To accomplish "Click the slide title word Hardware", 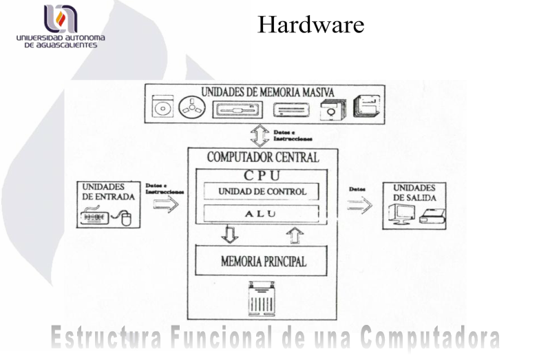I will click(x=310, y=25).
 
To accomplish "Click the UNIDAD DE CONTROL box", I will click(x=262, y=191).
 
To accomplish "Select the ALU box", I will click(x=262, y=213).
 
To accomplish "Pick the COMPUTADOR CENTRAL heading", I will click(x=262, y=157).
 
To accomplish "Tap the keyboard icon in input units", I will click(x=98, y=218).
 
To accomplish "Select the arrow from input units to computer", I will click(x=165, y=204).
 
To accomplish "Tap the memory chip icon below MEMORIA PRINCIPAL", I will click(x=262, y=298).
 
